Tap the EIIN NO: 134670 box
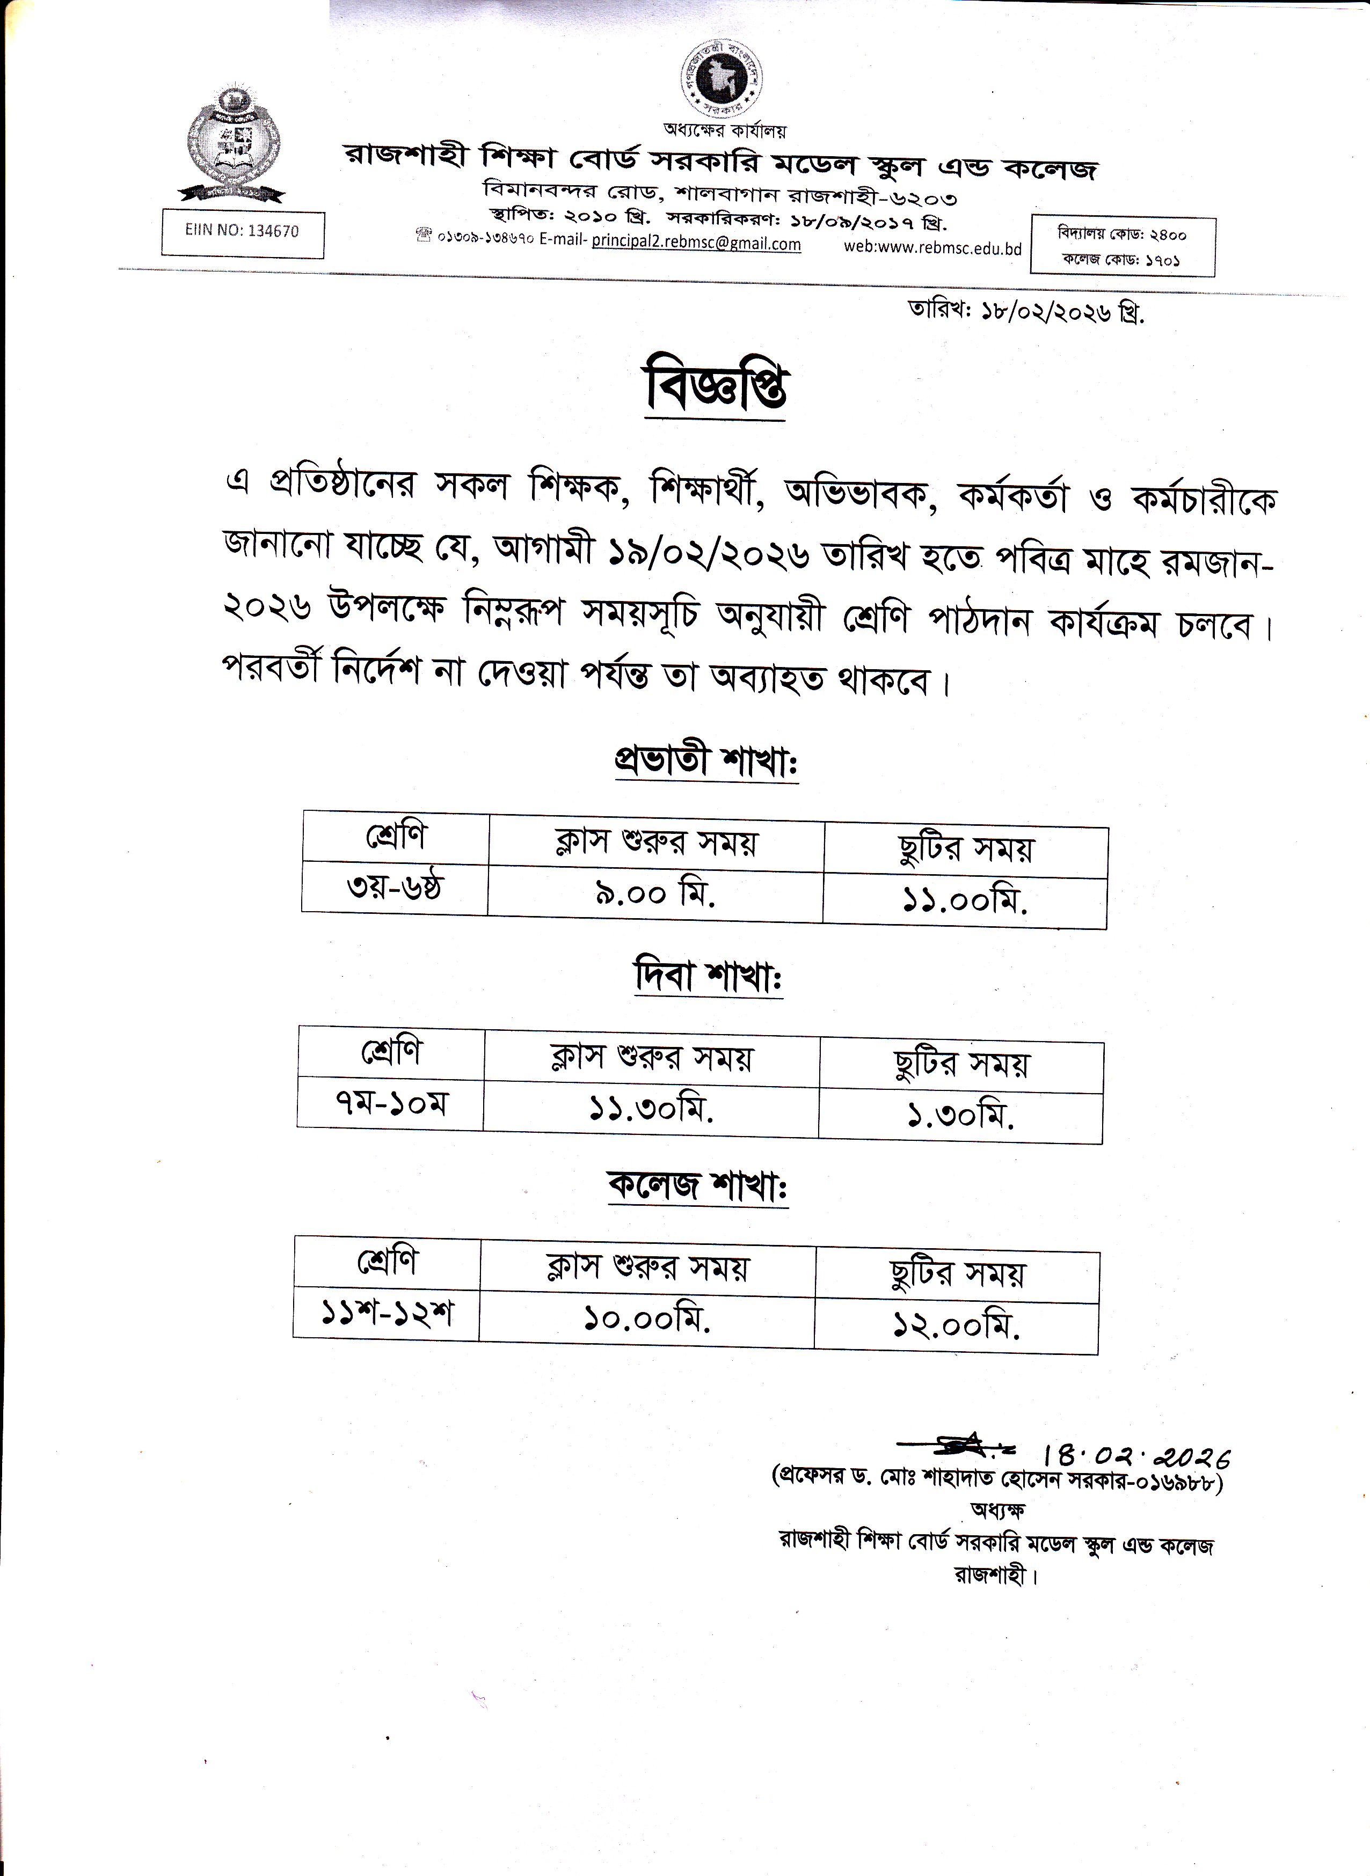point(242,232)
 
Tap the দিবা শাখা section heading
point(708,977)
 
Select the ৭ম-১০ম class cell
point(391,1103)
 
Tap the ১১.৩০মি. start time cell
point(651,1108)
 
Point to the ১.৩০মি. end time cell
point(960,1117)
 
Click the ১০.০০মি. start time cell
point(647,1318)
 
